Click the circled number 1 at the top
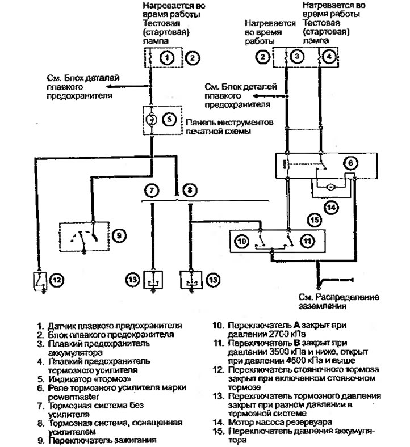[x=167, y=58]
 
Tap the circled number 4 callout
[x=329, y=56]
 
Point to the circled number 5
[x=169, y=119]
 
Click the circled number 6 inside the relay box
[x=350, y=163]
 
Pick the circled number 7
[x=152, y=190]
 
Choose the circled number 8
[x=190, y=190]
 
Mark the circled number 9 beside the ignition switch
[x=119, y=235]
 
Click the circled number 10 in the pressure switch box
[x=241, y=242]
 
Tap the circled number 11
[x=307, y=241]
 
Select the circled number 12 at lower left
[x=57, y=280]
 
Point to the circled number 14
[x=331, y=207]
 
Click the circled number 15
[x=315, y=220]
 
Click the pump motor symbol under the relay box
[x=331, y=187]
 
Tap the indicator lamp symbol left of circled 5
[x=152, y=120]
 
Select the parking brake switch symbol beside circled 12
[x=40, y=281]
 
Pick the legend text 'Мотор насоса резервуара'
[x=280, y=422]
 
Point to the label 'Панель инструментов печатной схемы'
[x=229, y=127]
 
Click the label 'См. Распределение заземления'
[x=338, y=302]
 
